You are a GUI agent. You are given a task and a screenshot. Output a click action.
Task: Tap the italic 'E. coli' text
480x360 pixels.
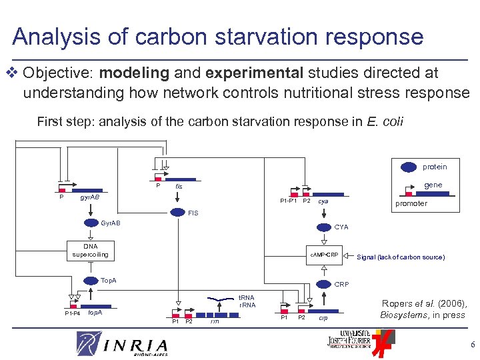click(386, 122)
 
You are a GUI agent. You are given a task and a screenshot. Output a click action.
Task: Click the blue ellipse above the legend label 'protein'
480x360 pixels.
click(409, 167)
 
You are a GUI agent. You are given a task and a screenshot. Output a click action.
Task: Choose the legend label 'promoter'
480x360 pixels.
click(411, 203)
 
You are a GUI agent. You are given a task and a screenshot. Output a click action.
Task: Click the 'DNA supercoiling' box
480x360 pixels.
click(91, 251)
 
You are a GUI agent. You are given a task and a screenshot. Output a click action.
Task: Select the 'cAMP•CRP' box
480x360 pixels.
click(323, 255)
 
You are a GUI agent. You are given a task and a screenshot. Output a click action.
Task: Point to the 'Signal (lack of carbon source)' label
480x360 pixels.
click(401, 257)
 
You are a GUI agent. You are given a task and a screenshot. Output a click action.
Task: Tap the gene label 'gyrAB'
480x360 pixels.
click(90, 198)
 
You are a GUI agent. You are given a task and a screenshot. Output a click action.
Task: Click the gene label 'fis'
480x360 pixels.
click(179, 187)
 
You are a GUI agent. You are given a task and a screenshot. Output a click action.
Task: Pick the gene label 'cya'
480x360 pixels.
click(323, 200)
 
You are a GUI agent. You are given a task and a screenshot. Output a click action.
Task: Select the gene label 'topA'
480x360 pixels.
click(95, 312)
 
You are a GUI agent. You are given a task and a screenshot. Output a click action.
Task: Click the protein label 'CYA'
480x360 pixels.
click(341, 227)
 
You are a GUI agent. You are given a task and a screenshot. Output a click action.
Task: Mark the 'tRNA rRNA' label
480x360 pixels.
click(247, 301)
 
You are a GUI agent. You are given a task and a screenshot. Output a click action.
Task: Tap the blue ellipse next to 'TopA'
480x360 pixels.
click(91, 281)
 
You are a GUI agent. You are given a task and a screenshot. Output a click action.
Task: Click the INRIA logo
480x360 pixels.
click(123, 344)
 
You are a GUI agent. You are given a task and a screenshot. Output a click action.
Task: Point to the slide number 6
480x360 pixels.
click(472, 344)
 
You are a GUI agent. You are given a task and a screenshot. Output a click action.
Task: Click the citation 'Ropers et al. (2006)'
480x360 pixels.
click(423, 303)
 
